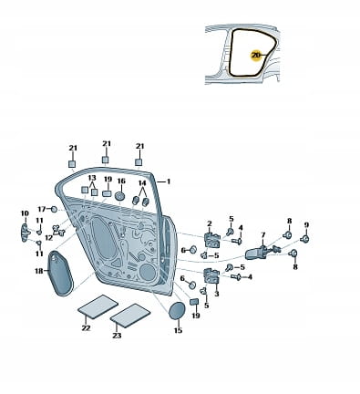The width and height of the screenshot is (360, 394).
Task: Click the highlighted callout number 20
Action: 256,56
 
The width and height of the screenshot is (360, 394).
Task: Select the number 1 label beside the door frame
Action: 169,181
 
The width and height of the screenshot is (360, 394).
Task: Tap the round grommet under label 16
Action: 120,196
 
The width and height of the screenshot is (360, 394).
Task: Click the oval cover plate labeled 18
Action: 60,273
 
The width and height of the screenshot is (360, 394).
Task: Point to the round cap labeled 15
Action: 177,311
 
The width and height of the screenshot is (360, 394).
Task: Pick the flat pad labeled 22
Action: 98,306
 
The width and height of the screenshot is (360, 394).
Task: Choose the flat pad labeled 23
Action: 130,316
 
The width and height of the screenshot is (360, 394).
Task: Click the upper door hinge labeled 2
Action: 211,240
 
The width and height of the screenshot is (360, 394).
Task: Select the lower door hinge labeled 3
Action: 211,275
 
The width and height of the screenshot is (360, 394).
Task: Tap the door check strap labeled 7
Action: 258,253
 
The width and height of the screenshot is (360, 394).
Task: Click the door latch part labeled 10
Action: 25,233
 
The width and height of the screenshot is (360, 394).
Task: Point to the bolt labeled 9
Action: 304,239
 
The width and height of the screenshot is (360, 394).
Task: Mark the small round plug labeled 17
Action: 54,209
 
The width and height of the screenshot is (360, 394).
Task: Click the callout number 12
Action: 49,237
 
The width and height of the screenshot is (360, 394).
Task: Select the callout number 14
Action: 142,183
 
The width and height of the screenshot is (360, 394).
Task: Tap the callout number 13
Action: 92,178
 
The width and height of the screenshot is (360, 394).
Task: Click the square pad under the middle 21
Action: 105,160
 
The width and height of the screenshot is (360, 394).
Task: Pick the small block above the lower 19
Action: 194,302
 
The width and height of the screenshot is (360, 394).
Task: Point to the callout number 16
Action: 121,181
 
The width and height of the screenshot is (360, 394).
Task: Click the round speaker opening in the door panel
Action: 148,272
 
